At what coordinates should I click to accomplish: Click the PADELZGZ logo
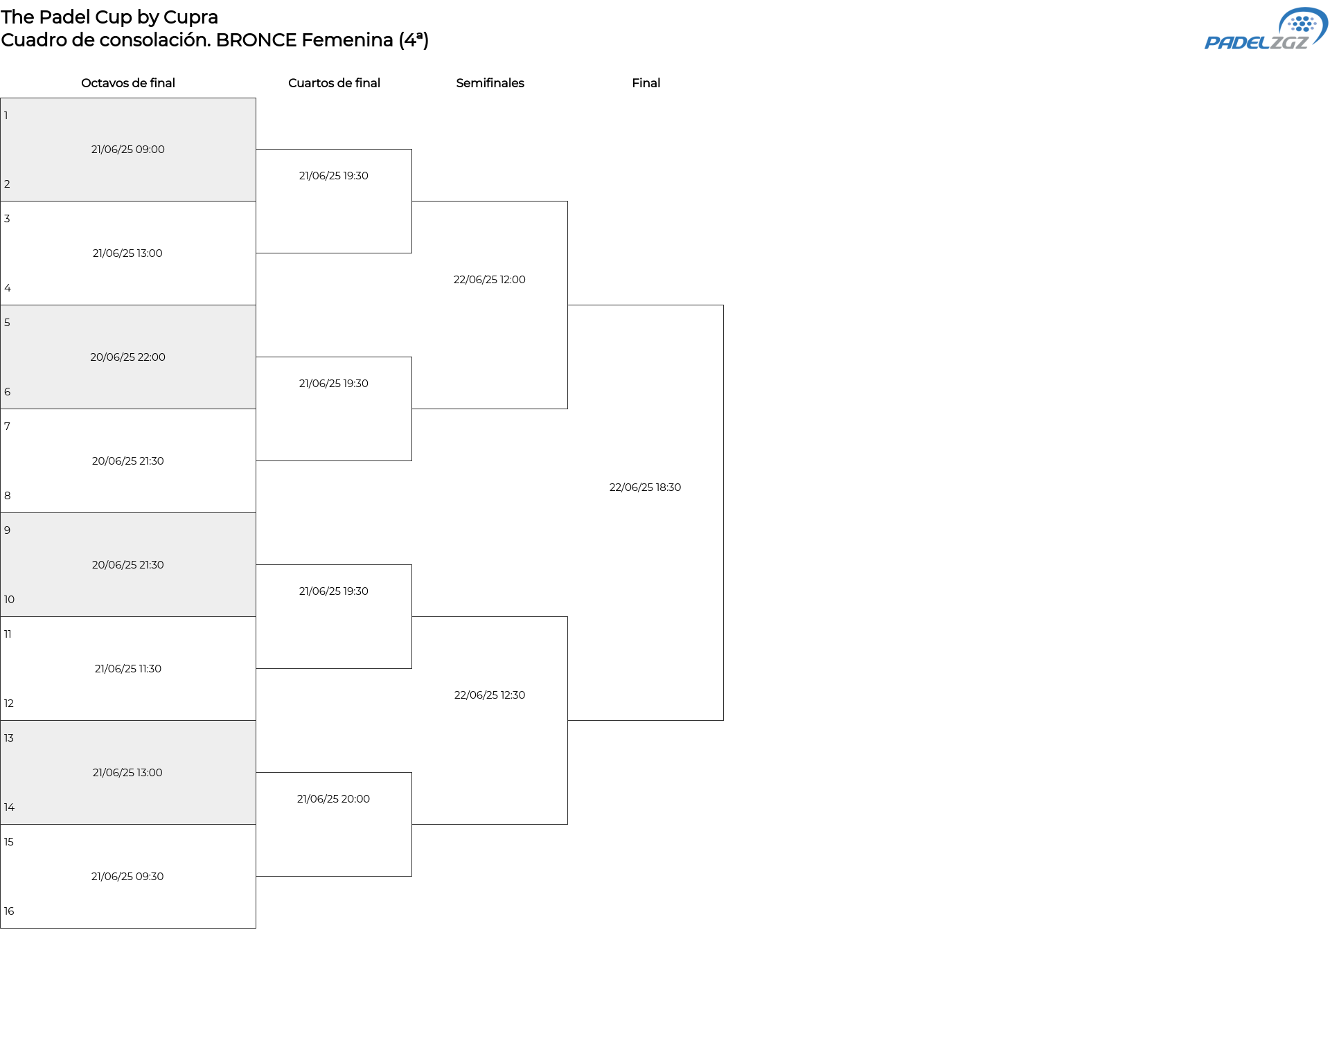[1266, 29]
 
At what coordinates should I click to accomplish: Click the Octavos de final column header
[128, 83]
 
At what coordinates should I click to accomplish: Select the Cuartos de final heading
[334, 83]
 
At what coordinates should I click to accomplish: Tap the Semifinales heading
[490, 83]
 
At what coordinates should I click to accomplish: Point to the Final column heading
[646, 83]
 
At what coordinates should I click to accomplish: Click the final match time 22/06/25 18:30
[645, 487]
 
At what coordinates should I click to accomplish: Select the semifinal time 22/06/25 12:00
[489, 280]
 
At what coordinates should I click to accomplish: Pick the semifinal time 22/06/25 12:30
[489, 695]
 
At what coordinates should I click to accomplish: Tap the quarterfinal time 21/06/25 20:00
[333, 799]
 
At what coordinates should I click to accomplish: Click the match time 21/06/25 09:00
[128, 150]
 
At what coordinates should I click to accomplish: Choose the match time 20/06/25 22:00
[127, 357]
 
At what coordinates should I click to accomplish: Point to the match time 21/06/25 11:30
[128, 669]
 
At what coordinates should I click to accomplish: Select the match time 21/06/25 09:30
[127, 877]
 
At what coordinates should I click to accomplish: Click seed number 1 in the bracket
[6, 116]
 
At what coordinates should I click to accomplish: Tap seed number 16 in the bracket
[9, 911]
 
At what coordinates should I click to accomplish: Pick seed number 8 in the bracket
[8, 496]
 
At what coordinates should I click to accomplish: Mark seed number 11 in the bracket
[8, 634]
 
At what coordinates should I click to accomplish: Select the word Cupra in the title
[190, 18]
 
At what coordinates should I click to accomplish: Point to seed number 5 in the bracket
[7, 323]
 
